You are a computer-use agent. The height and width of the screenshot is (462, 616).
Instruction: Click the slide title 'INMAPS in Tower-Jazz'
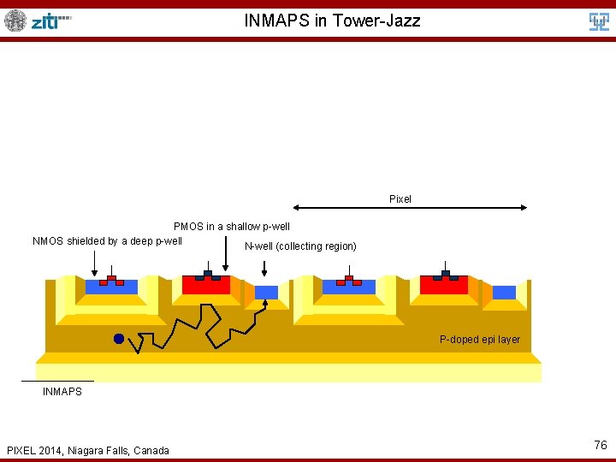[332, 21]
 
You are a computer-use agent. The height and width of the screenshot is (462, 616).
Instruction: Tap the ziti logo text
[50, 21]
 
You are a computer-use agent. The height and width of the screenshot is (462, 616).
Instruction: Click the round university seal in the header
[15, 21]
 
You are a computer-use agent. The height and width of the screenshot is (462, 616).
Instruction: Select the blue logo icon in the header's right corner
[599, 22]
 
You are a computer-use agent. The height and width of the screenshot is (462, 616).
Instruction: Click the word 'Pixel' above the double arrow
[400, 199]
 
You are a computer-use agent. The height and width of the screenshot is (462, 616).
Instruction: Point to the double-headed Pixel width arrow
[410, 207]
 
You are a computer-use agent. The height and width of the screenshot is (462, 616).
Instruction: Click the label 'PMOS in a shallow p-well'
[232, 227]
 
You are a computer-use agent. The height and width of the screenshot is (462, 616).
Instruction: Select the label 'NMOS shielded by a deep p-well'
[107, 240]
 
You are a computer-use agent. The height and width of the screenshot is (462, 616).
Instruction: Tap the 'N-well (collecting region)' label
[300, 246]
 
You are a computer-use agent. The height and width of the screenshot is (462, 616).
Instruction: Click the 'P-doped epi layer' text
[479, 340]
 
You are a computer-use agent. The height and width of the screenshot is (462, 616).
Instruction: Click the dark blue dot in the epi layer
[119, 339]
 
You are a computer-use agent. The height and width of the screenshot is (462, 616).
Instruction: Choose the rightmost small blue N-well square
[504, 292]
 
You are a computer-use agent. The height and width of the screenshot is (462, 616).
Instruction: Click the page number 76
[600, 445]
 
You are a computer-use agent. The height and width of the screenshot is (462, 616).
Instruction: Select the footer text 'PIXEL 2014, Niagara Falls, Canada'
[87, 451]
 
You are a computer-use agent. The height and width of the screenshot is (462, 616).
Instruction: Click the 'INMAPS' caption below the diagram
[62, 392]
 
